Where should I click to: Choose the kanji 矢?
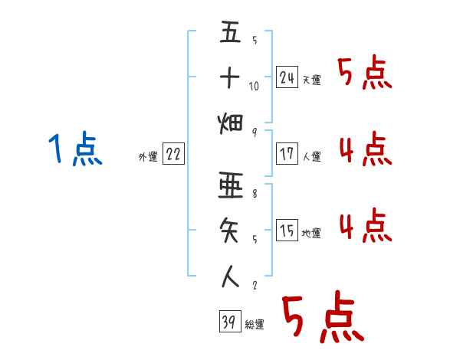230,231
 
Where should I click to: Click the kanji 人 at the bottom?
230,275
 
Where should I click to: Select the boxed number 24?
287,77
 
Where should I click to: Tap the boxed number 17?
287,154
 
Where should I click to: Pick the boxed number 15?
287,231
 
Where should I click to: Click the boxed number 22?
172,154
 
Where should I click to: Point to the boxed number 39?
228,322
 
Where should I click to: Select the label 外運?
148,157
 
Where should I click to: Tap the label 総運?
255,325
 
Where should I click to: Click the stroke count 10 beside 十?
254,87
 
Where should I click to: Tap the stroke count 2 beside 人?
254,285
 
